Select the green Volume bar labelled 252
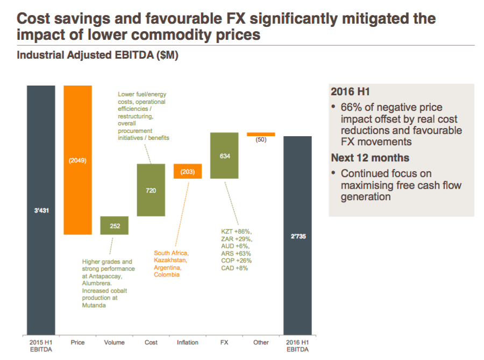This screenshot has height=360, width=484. [115, 225]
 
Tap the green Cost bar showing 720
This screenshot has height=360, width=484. [151, 190]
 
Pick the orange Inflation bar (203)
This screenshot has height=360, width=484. [188, 171]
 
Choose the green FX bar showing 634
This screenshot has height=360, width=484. [224, 156]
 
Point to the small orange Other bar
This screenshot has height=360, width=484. [261, 134]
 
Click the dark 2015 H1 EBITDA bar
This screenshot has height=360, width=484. [41, 210]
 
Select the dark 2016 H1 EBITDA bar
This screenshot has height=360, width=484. [297, 235]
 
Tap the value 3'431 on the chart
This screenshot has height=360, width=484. [41, 211]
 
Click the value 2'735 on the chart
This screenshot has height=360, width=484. [298, 236]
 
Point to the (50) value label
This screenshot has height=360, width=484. [261, 139]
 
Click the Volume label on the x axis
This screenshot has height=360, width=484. [114, 342]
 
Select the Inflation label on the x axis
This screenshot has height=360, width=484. [187, 342]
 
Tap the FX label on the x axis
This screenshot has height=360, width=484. [224, 342]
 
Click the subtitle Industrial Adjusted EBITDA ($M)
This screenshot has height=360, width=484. [97, 55]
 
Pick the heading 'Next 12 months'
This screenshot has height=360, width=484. [370, 158]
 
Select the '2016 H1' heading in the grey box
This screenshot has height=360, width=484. [350, 91]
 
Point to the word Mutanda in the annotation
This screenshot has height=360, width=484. [95, 305]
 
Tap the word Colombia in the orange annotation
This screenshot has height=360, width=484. [167, 274]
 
